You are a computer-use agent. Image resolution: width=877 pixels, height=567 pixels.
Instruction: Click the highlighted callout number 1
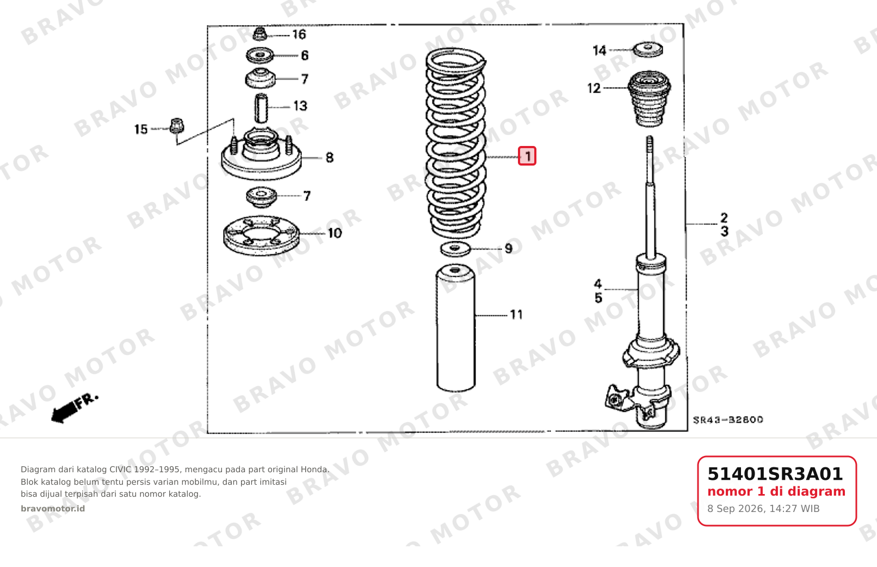[527, 156]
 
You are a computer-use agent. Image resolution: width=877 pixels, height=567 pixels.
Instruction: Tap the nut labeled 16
[260, 34]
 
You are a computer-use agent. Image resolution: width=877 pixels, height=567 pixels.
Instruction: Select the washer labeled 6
[260, 55]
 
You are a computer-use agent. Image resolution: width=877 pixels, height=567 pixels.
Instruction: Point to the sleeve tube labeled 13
[261, 108]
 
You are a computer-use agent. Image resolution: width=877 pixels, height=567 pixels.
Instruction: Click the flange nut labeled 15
[177, 125]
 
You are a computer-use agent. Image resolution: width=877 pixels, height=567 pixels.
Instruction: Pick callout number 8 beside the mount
[330, 157]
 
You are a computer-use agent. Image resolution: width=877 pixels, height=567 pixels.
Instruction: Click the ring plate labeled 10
[261, 235]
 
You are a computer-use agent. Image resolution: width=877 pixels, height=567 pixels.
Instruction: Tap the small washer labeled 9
[455, 249]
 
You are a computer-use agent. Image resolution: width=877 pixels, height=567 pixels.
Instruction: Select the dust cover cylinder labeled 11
[456, 328]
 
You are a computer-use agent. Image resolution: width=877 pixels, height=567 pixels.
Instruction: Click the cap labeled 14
[648, 50]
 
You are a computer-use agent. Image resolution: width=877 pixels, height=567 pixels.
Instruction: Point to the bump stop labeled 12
[649, 99]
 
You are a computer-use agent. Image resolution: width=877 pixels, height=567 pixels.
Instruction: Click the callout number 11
[516, 315]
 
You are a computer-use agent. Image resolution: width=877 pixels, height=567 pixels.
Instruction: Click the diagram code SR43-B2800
[728, 420]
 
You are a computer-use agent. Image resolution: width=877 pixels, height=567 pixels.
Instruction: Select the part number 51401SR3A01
[775, 474]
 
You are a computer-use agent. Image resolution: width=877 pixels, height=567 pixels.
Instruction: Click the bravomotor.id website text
[53, 509]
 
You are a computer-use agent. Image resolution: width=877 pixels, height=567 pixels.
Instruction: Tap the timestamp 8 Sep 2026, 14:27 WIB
[763, 509]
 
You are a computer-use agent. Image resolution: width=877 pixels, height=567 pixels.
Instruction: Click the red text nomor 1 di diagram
[776, 492]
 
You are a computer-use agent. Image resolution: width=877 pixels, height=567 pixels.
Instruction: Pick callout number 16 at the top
[299, 34]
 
